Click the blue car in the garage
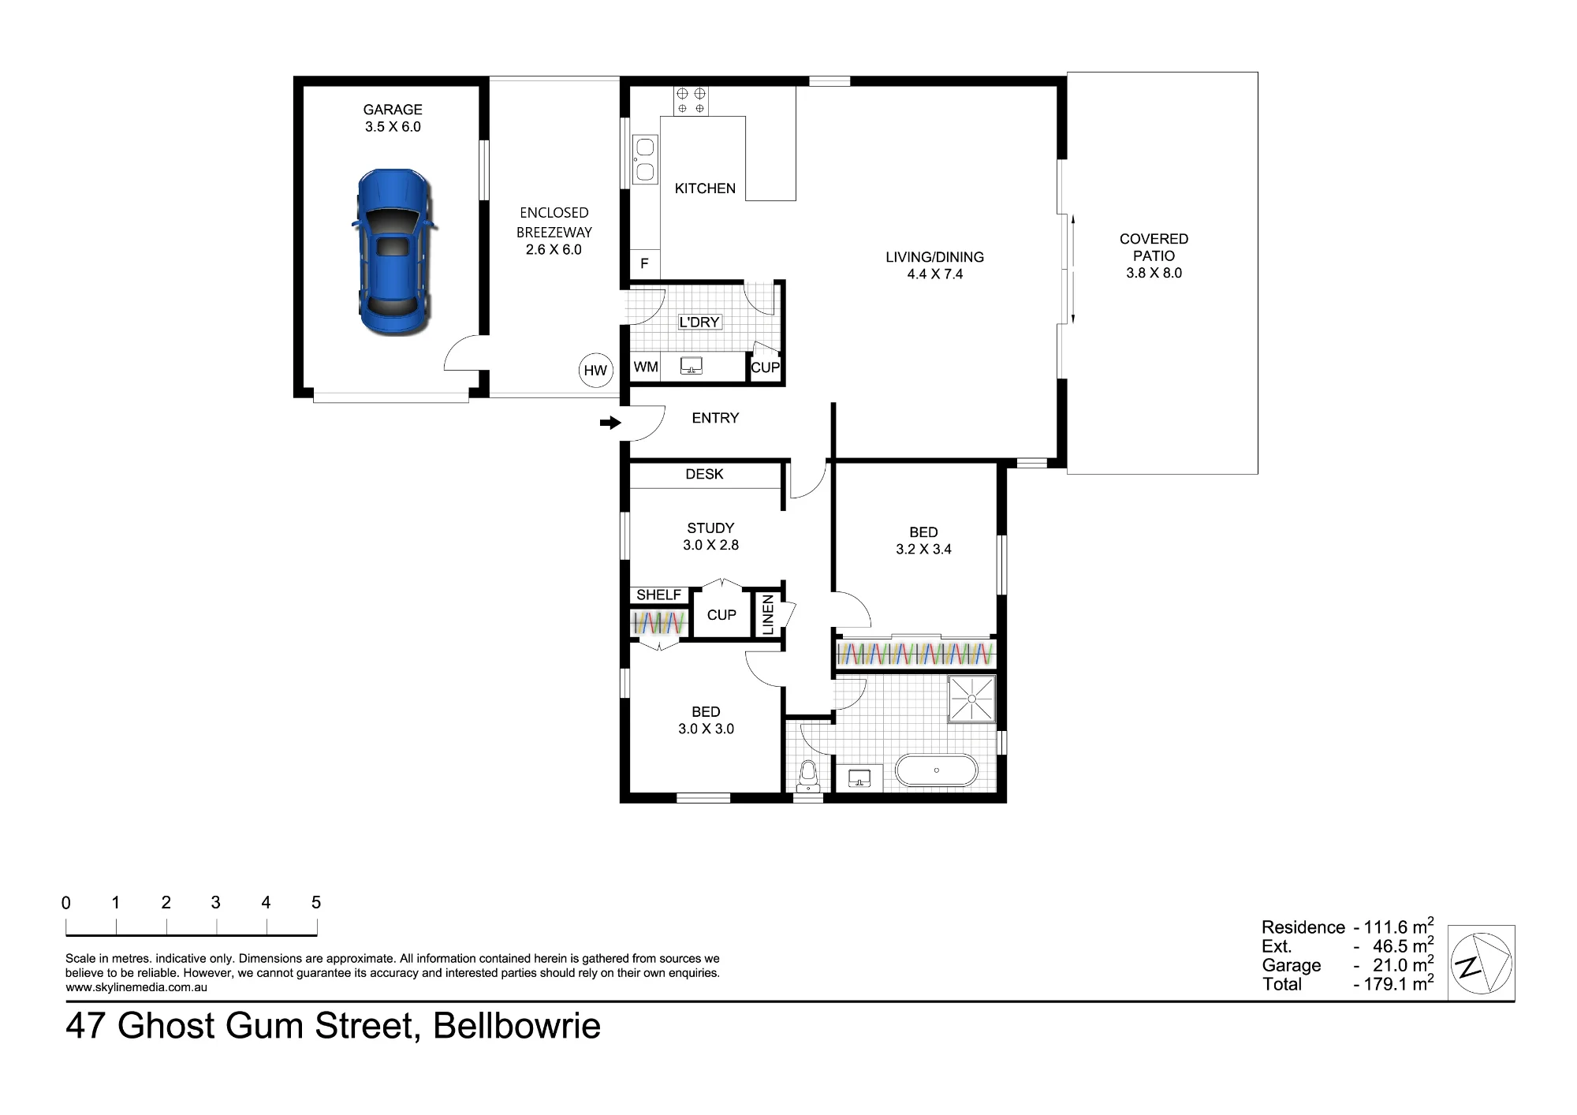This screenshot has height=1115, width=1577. pyautogui.click(x=393, y=252)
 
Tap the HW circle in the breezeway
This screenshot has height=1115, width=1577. pyautogui.click(x=595, y=371)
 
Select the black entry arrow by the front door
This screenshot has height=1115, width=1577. pyautogui.click(x=610, y=423)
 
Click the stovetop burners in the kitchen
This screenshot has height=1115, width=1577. pyautogui.click(x=691, y=101)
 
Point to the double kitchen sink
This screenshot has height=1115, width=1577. pyautogui.click(x=645, y=159)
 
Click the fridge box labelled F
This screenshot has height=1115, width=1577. pyautogui.click(x=644, y=263)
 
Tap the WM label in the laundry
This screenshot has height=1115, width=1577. pyautogui.click(x=646, y=367)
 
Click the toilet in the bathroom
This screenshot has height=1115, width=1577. pyautogui.click(x=807, y=776)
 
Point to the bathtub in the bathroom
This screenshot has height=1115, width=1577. pyautogui.click(x=936, y=770)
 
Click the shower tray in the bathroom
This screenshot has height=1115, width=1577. pyautogui.click(x=972, y=699)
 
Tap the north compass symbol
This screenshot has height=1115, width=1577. pyautogui.click(x=1481, y=963)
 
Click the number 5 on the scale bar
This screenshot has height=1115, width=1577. pyautogui.click(x=316, y=903)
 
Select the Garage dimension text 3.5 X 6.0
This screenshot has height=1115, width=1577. pyautogui.click(x=393, y=127)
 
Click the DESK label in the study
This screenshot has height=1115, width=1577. pyautogui.click(x=704, y=474)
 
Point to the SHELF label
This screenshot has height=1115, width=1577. pyautogui.click(x=659, y=595)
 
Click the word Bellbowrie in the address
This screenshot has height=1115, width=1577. pyautogui.click(x=516, y=1026)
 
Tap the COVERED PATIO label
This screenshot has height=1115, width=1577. pyautogui.click(x=1154, y=247)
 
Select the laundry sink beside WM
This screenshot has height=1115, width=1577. pyautogui.click(x=692, y=366)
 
